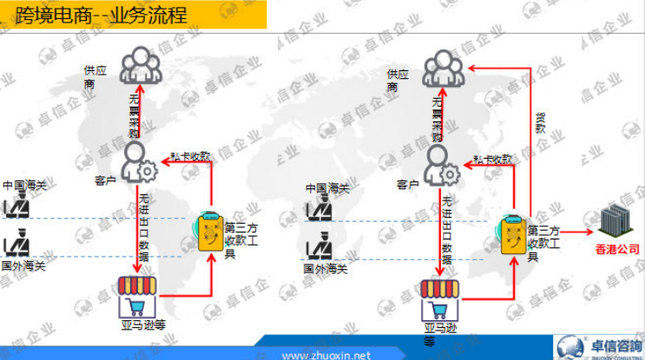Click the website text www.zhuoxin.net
[326, 354]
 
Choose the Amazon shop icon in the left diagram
[139, 295]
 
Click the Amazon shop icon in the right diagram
[441, 299]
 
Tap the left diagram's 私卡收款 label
[190, 156]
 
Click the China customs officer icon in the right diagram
[320, 209]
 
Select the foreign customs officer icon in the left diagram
[16, 244]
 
